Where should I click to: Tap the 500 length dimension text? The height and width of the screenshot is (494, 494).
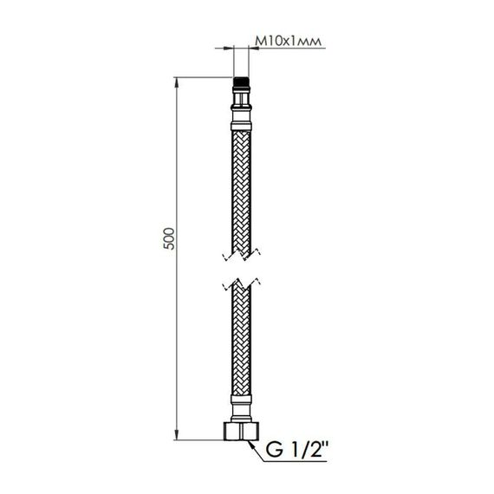pos(170,237)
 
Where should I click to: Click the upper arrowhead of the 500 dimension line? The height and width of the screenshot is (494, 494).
pos(178,85)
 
